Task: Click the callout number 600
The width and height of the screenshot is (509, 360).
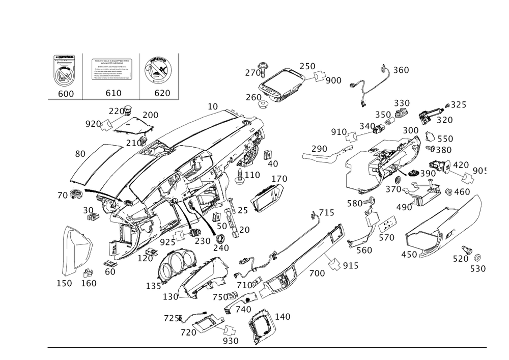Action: tap(66, 94)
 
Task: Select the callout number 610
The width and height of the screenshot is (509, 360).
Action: tap(113, 94)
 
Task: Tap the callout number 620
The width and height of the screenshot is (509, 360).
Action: tap(162, 94)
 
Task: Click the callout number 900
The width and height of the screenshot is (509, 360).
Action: tap(333, 80)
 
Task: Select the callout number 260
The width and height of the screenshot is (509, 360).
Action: tap(253, 97)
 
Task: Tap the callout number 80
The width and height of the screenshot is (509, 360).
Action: tap(80, 153)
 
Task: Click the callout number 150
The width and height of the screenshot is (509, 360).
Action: tap(64, 283)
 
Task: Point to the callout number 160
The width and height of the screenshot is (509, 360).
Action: tap(89, 283)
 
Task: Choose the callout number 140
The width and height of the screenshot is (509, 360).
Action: tap(282, 317)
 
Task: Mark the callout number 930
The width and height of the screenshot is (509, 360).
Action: tap(231, 340)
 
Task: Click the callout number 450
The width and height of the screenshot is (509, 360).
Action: tap(409, 254)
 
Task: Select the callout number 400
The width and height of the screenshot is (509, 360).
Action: tap(317, 273)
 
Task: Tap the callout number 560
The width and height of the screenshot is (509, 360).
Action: tap(364, 251)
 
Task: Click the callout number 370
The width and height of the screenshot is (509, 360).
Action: tap(443, 121)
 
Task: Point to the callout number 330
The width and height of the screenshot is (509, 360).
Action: tap(402, 103)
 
